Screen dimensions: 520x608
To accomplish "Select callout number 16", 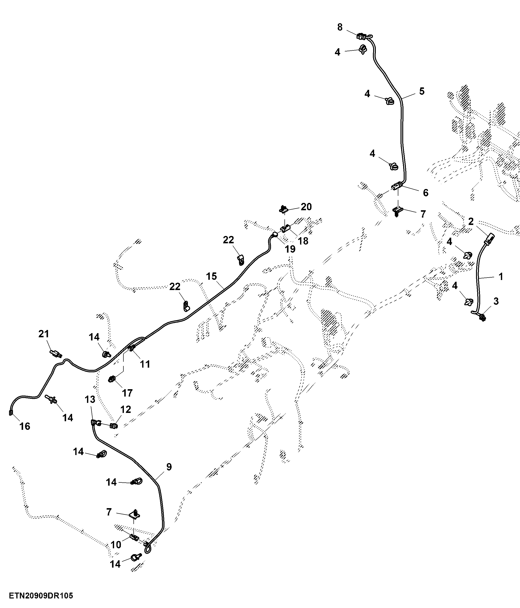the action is coord(25,426).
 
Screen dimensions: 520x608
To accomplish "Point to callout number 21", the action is coord(44,334).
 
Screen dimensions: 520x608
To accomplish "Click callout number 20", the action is coord(306,207).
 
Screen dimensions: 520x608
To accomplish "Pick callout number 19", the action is coord(290,249).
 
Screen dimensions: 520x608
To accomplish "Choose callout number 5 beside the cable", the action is coord(422,91).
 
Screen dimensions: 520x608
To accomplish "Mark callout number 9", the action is coord(169,467).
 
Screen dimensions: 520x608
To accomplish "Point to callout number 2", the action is coord(471,222).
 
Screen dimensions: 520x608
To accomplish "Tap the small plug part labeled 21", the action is coord(56,353).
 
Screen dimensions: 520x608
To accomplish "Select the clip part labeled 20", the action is coord(282,210).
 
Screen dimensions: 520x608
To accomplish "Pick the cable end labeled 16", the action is coord(11,413).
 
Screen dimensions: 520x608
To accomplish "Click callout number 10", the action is coord(116,545).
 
